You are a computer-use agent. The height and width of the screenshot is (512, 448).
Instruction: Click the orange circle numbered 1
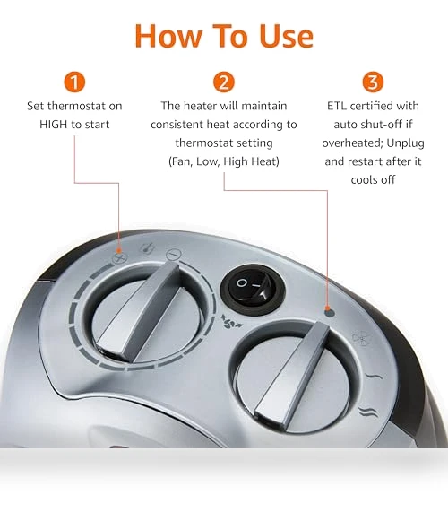pyautogui.click(x=74, y=82)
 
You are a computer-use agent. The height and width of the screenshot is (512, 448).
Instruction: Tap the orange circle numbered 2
pyautogui.click(x=224, y=82)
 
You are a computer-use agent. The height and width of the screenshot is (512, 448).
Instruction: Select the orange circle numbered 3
pyautogui.click(x=373, y=82)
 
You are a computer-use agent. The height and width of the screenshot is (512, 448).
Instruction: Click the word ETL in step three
pyautogui.click(x=337, y=106)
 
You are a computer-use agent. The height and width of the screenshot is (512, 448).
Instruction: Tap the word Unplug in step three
pyautogui.click(x=405, y=143)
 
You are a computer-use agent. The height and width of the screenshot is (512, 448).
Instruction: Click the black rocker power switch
pyautogui.click(x=253, y=289)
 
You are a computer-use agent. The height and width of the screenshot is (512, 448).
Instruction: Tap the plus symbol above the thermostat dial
pyautogui.click(x=119, y=258)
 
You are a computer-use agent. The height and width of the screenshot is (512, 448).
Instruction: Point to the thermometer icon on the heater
pyautogui.click(x=147, y=248)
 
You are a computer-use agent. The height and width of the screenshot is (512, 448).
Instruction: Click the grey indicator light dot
pyautogui.click(x=330, y=313)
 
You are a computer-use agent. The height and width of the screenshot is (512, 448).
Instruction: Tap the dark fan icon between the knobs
pyautogui.click(x=231, y=322)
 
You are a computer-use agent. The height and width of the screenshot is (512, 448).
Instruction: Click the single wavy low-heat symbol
pyautogui.click(x=373, y=377)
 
